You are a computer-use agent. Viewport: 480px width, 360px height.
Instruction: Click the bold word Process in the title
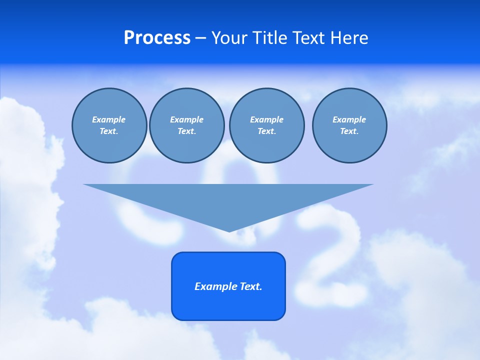[157, 38]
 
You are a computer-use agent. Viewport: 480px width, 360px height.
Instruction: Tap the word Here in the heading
[348, 38]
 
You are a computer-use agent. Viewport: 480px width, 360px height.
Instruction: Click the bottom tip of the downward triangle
[229, 230]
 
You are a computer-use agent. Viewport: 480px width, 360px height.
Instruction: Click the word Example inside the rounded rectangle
[216, 286]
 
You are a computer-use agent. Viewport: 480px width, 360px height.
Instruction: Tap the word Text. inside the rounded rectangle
[251, 286]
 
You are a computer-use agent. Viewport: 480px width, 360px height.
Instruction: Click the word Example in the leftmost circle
[109, 119]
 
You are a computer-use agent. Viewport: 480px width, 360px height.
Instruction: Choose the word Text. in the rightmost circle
[349, 131]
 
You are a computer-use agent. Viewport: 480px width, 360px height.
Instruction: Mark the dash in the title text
[200, 38]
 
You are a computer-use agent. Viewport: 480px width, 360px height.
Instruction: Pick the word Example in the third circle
[266, 119]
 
